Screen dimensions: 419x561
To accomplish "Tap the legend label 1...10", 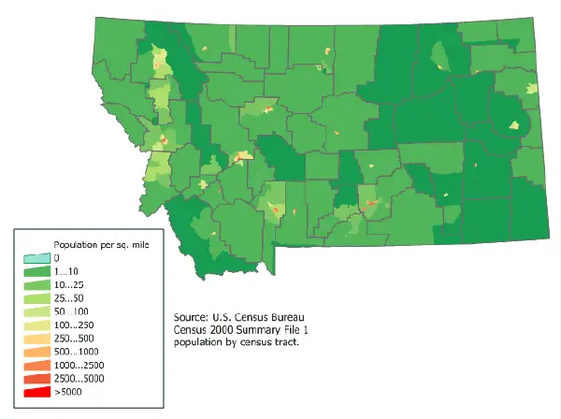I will (67, 270).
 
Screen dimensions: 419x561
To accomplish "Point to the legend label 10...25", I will (70, 283).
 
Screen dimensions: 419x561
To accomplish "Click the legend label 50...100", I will (72, 311).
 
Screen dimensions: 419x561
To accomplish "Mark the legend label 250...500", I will (75, 338).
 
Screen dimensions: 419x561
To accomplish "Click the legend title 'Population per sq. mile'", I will (101, 243).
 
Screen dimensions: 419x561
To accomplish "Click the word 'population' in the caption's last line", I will (199, 343).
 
